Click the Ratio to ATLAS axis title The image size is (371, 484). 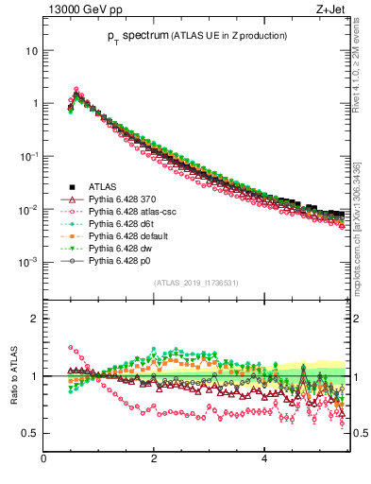tap(15, 374)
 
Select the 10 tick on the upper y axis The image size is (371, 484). tap(31, 50)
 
